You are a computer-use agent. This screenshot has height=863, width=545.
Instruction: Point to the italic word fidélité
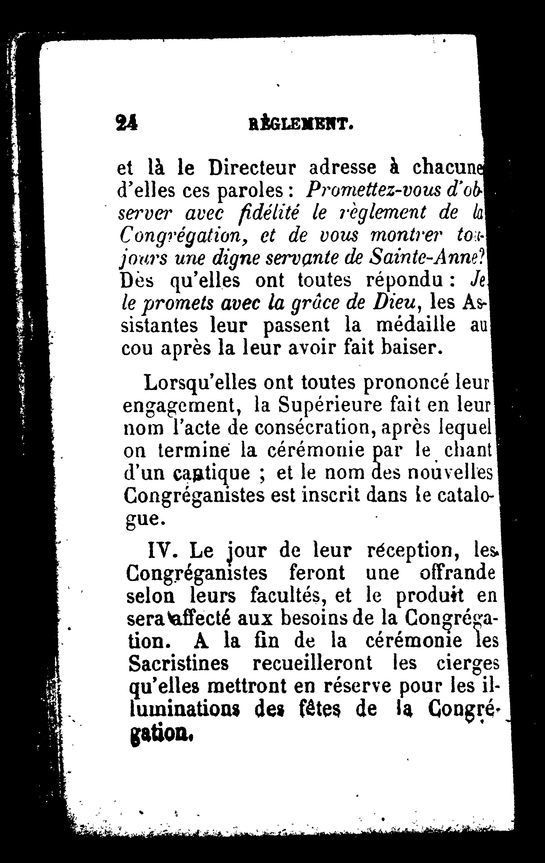click(x=272, y=213)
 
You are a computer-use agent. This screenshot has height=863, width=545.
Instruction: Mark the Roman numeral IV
click(x=163, y=549)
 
